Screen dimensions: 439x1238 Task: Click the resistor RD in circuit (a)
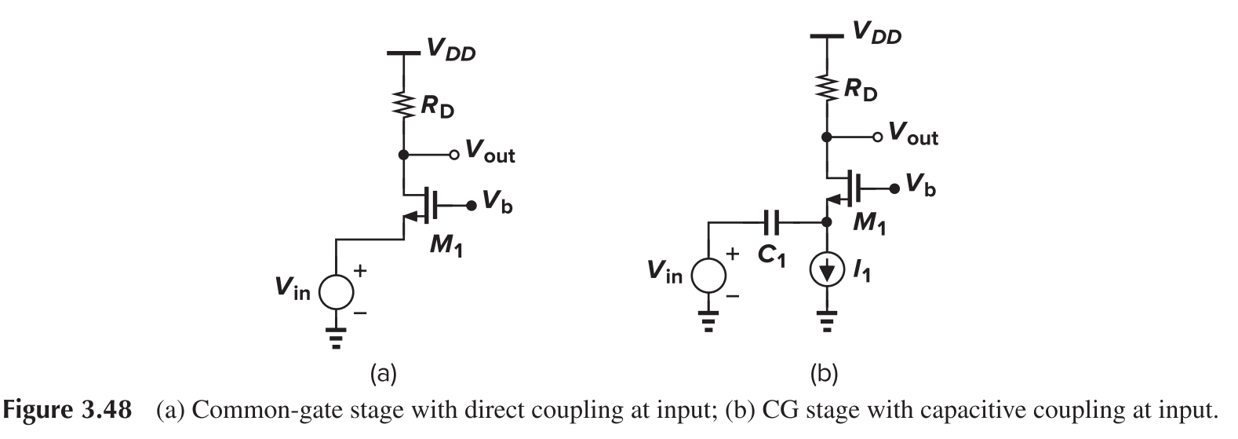click(x=402, y=105)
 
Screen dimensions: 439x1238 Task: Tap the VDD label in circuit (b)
click(x=876, y=34)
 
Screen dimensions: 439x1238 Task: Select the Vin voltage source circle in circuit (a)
click(x=336, y=292)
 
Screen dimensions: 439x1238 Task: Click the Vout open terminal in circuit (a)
click(x=453, y=155)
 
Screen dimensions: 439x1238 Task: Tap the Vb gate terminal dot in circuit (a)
click(x=470, y=206)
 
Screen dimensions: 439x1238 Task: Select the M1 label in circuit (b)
click(x=868, y=225)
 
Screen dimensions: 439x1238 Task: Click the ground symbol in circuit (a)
click(x=336, y=337)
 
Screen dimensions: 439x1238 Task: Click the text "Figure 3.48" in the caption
click(x=68, y=411)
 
